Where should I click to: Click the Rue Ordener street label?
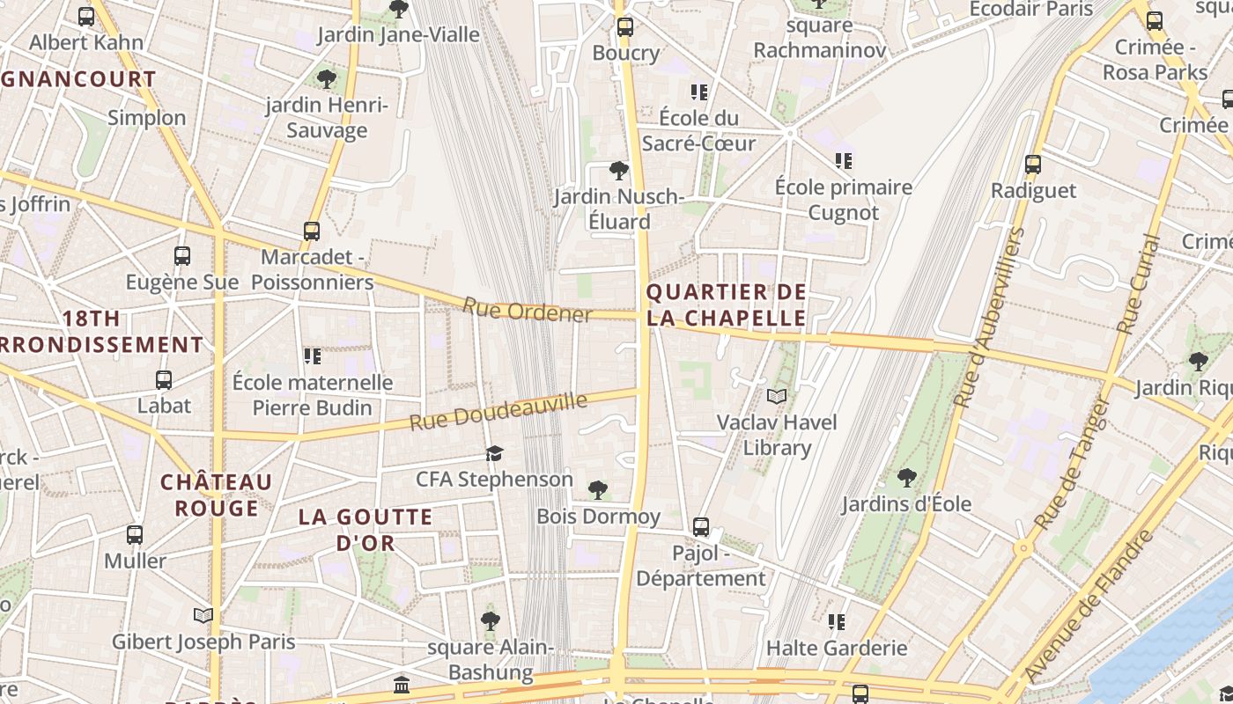[x=527, y=311]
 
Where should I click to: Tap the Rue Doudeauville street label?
[x=498, y=412]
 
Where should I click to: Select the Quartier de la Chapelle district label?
[x=726, y=304]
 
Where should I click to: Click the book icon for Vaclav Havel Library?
[x=776, y=397]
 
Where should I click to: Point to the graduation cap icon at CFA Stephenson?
[x=494, y=453]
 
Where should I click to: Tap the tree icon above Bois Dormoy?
[x=598, y=489]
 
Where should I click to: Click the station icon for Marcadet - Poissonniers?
[x=312, y=231]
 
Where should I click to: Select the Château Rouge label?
[x=217, y=495]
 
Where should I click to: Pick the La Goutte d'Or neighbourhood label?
[x=365, y=529]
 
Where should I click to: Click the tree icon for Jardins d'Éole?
[x=906, y=478]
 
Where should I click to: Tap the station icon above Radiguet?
[x=1033, y=165]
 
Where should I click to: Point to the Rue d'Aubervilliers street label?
[x=991, y=317]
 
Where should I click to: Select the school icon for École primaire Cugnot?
[x=844, y=161]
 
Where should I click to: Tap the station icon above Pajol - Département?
[x=701, y=527]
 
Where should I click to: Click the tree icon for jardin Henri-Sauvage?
[x=327, y=79]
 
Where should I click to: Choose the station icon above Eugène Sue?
[x=182, y=256]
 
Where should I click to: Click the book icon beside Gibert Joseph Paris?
[x=203, y=615]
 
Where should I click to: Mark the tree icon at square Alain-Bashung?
[x=491, y=621]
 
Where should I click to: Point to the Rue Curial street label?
[x=1139, y=283]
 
